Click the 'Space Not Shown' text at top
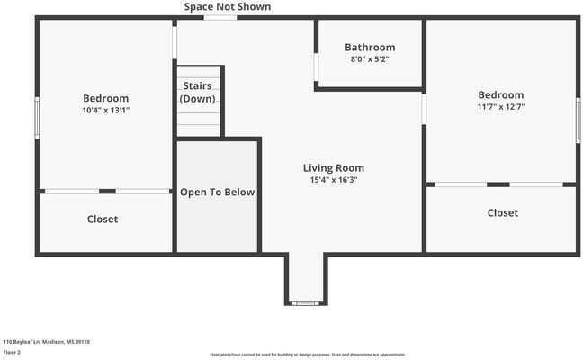(227, 7)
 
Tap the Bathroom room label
(370, 48)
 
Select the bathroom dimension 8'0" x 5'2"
(370, 59)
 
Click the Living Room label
(333, 168)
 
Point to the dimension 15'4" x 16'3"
(333, 180)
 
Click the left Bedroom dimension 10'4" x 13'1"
(105, 111)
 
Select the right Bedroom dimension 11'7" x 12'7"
(500, 107)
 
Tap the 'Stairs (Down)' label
(197, 93)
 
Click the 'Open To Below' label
(217, 193)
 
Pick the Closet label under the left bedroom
(103, 220)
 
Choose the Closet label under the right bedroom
(502, 213)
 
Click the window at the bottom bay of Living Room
(306, 302)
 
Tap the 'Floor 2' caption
(13, 353)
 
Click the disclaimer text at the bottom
(308, 355)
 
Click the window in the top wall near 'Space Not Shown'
(220, 17)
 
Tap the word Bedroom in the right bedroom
(500, 95)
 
